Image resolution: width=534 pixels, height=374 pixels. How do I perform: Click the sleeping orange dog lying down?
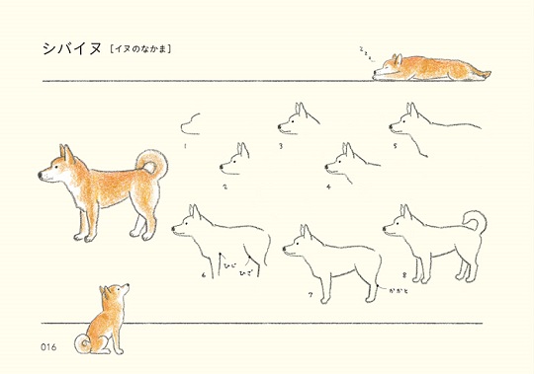430,66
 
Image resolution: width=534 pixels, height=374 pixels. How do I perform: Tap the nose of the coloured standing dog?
41,175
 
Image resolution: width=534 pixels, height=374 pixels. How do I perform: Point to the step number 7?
310,294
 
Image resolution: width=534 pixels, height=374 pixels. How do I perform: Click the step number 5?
395,144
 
